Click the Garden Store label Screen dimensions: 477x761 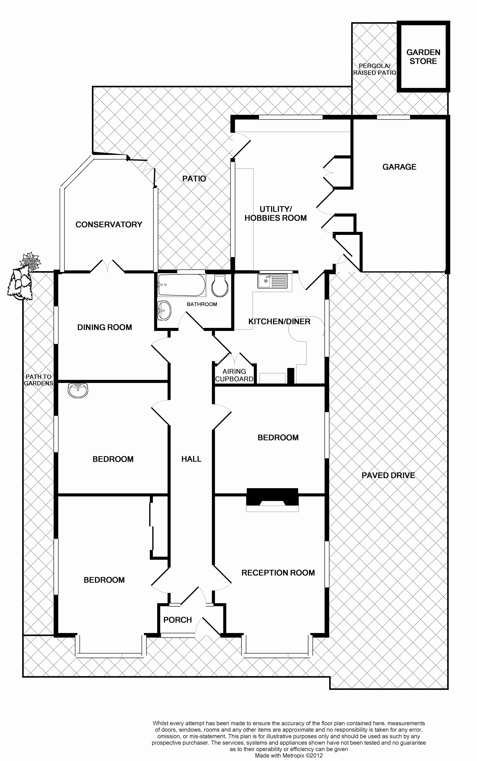(423, 57)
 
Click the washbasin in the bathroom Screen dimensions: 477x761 (164, 310)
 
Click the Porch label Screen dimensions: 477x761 (178, 620)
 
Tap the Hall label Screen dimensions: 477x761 (191, 459)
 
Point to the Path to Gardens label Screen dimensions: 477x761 (39, 380)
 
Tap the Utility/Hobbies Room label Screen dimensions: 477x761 (275, 214)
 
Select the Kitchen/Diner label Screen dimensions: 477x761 (279, 321)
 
